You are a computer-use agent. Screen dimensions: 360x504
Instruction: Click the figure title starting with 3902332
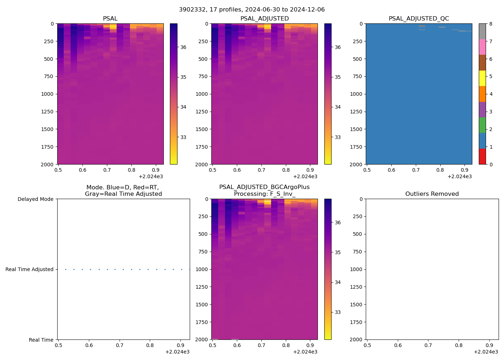pyautogui.click(x=252, y=10)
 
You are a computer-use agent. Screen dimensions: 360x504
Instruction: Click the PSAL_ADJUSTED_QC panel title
pyautogui.click(x=419, y=19)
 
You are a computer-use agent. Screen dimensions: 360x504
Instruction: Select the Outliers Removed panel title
pyautogui.click(x=432, y=194)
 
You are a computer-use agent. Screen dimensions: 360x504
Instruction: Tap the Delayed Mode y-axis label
pyautogui.click(x=35, y=199)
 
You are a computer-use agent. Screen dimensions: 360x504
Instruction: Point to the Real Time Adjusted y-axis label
pyautogui.click(x=29, y=269)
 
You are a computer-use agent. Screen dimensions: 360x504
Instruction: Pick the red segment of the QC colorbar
pyautogui.click(x=482, y=157)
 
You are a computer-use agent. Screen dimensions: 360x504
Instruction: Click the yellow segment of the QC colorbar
pyautogui.click(x=482, y=78)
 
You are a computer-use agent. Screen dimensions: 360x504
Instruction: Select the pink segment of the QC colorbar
pyautogui.click(x=482, y=47)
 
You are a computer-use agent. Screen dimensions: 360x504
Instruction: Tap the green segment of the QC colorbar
pyautogui.click(x=482, y=125)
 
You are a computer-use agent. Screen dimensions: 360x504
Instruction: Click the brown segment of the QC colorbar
pyautogui.click(x=482, y=63)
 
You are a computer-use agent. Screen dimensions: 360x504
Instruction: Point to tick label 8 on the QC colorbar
pyautogui.click(x=491, y=24)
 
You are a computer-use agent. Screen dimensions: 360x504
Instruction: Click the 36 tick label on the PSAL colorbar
pyautogui.click(x=183, y=47)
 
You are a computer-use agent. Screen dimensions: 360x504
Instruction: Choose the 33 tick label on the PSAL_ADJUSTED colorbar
pyautogui.click(x=338, y=137)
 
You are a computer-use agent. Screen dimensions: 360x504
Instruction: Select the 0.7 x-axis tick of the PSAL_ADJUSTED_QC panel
pyautogui.click(x=416, y=170)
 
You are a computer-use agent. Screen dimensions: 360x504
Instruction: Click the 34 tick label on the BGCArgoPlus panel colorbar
pyautogui.click(x=338, y=282)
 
